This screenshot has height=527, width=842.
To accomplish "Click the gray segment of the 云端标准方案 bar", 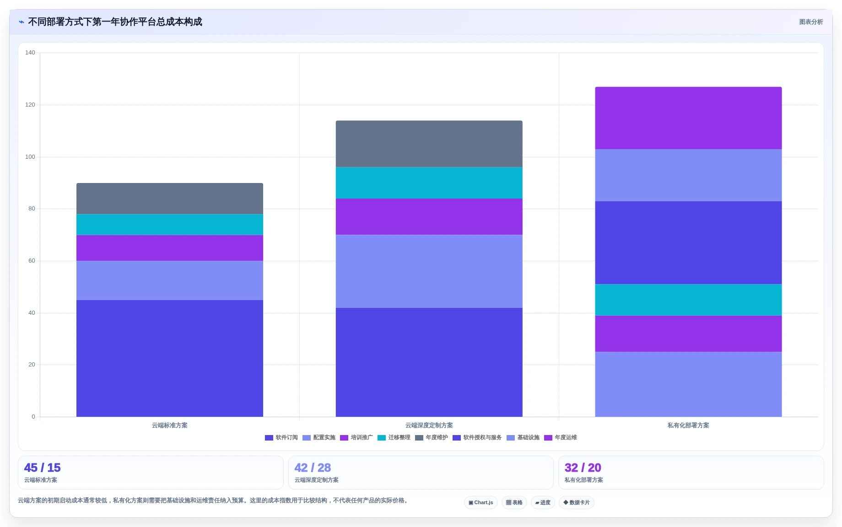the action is click(169, 199).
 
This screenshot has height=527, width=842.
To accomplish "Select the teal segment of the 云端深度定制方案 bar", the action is click(429, 183).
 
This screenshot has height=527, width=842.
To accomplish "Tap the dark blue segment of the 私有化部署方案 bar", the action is click(688, 242).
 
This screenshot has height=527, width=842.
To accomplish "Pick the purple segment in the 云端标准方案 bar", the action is click(169, 247).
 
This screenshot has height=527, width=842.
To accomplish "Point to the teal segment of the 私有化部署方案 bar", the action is click(688, 300).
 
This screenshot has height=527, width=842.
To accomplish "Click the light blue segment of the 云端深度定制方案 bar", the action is click(429, 271).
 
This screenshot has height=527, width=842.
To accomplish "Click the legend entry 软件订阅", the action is click(281, 438).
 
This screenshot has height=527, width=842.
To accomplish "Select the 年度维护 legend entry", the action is click(432, 438).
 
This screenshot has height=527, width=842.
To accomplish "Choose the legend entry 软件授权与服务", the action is click(477, 438).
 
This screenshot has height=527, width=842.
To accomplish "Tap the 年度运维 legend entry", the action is click(561, 438).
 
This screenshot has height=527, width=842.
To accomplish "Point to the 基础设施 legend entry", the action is click(523, 438).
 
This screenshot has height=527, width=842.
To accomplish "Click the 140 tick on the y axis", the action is click(30, 53).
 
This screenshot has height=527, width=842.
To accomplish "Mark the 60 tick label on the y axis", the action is click(32, 261).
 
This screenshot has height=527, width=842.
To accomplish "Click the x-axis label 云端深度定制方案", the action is click(429, 425).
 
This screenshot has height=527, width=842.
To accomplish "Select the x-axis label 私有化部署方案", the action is click(688, 425).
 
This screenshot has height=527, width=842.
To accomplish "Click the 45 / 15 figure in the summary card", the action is click(42, 468).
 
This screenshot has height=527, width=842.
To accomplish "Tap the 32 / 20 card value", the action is click(583, 468).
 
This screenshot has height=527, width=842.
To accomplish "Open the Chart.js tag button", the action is click(480, 502).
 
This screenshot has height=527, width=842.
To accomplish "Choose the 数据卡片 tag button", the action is click(576, 502).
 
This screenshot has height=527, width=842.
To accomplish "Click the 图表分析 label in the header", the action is click(811, 22).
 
